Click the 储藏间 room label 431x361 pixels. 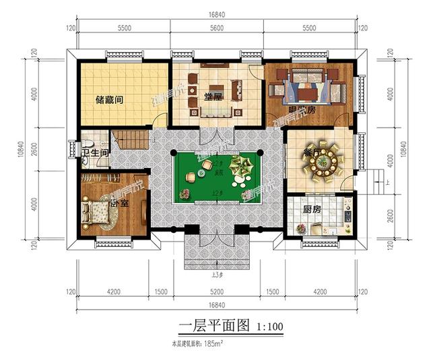click(x=108, y=100)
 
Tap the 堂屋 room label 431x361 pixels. click(x=213, y=96)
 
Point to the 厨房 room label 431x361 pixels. click(x=310, y=210)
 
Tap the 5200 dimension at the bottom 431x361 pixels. click(x=216, y=292)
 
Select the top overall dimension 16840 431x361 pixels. click(x=216, y=13)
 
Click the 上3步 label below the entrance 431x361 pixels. click(x=215, y=274)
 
